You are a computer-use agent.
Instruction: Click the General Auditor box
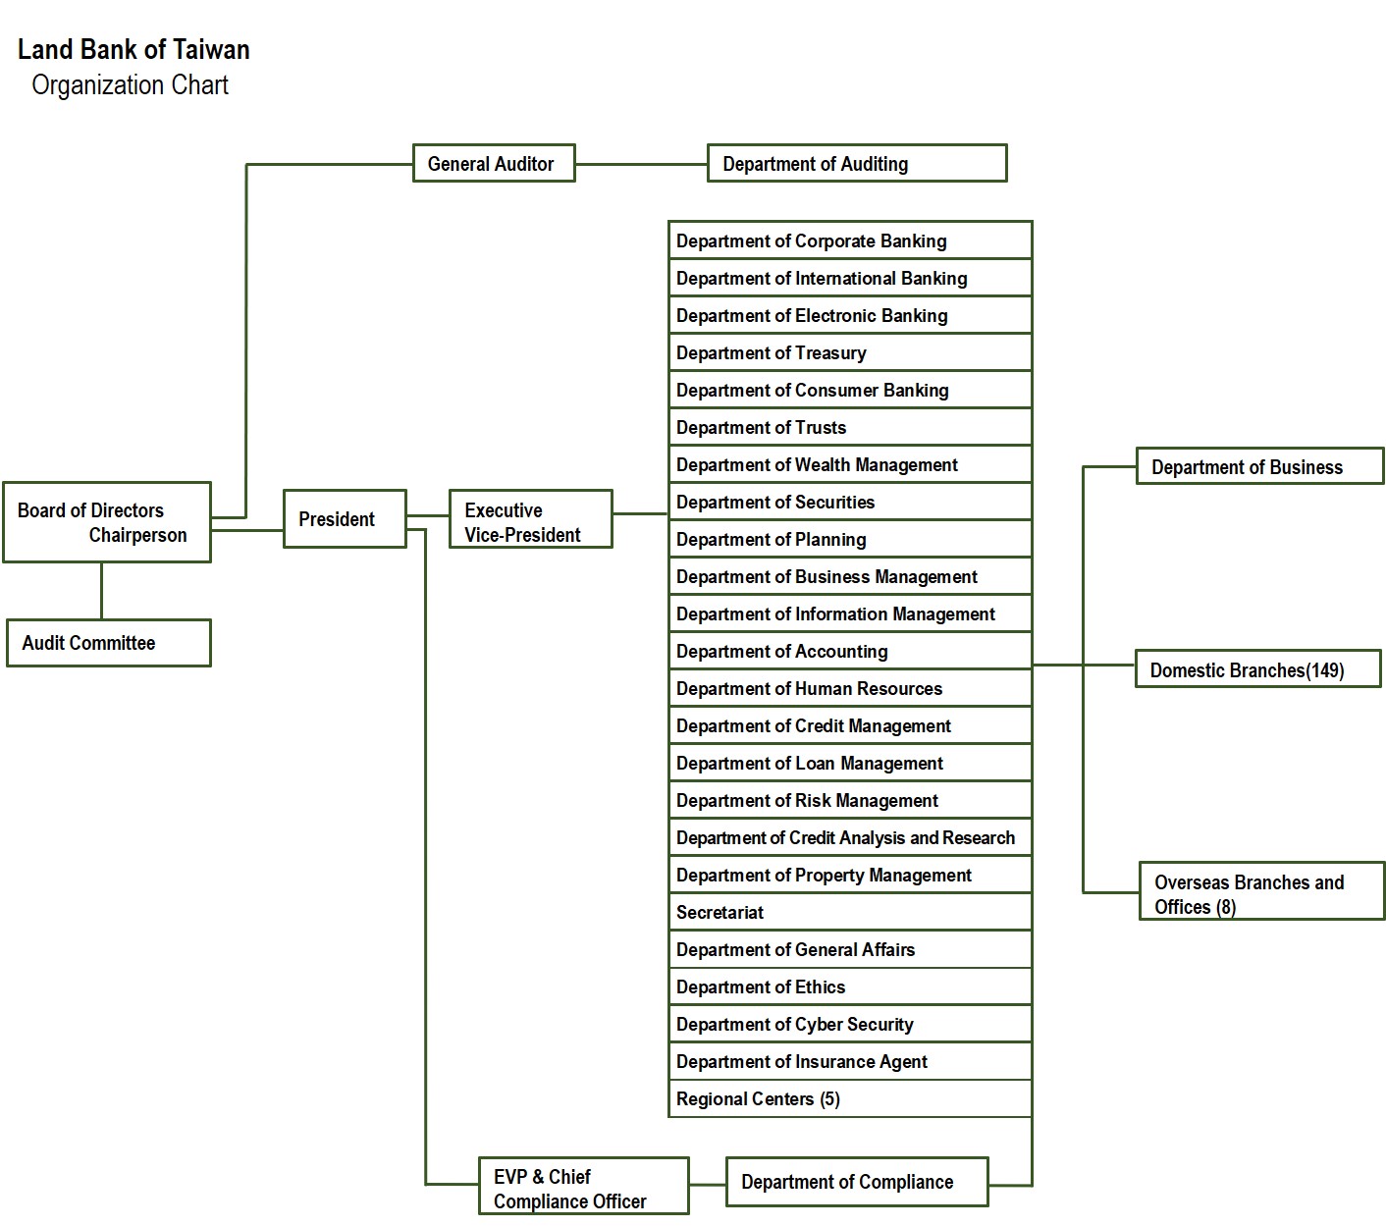[493, 164]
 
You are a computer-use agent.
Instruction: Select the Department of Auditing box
[856, 164]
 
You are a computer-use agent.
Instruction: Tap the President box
[345, 519]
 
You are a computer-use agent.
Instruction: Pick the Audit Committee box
[108, 643]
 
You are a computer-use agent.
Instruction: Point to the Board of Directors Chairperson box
[106, 522]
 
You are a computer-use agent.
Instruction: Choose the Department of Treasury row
[849, 352]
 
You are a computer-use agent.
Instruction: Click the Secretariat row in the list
[849, 912]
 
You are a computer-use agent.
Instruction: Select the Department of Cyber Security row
[849, 1024]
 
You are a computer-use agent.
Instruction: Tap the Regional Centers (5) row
[849, 1098]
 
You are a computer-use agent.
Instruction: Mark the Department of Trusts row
[849, 427]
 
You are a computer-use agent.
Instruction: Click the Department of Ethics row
[849, 986]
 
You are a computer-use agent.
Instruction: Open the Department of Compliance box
[856, 1182]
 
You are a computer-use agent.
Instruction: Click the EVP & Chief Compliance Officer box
[583, 1188]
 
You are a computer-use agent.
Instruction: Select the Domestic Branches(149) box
[1257, 669]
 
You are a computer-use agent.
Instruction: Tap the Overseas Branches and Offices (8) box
[1261, 892]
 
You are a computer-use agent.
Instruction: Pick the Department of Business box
[1259, 467]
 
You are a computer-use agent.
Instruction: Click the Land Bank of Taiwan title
[133, 49]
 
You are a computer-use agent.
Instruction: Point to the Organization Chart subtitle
[130, 85]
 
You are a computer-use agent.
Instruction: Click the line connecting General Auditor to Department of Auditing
[641, 165]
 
